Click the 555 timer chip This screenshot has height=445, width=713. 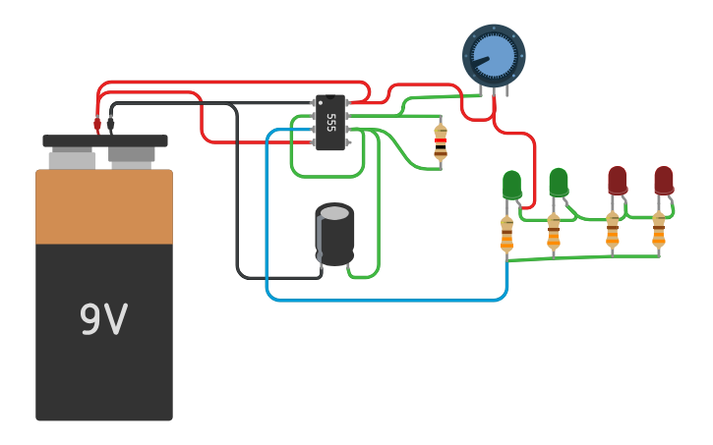[330, 122]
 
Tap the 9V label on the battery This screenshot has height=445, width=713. [103, 318]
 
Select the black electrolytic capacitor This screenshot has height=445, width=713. [334, 235]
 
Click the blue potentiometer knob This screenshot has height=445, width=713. [494, 56]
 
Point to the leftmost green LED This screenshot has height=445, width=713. [512, 186]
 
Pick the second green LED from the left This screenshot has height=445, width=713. [559, 183]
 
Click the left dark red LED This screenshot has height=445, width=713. [618, 181]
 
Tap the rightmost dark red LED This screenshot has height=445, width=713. [665, 181]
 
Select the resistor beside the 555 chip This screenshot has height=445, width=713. [441, 142]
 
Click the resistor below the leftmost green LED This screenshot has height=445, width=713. [507, 235]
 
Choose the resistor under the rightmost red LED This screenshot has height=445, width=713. [659, 230]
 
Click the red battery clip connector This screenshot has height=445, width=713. [96, 124]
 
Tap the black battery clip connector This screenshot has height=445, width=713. [110, 124]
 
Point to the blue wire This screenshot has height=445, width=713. [386, 301]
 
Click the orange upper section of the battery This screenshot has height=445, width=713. [104, 206]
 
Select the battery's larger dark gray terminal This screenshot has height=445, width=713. [132, 157]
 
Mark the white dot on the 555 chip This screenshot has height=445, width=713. [321, 102]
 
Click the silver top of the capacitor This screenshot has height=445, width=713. [335, 213]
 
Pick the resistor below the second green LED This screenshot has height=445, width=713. [554, 232]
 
